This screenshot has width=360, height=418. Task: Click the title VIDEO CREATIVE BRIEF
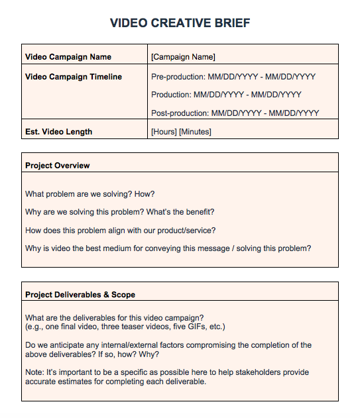pyautogui.click(x=180, y=23)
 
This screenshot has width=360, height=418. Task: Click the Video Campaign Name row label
pyautogui.click(x=68, y=57)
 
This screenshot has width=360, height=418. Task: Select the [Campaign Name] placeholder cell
pyautogui.click(x=183, y=57)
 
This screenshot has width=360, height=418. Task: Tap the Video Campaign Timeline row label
pyautogui.click(x=74, y=77)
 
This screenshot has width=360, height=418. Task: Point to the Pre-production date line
pyautogui.click(x=233, y=77)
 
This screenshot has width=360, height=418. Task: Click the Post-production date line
pyautogui.click(x=235, y=113)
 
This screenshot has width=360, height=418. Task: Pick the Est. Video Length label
pyautogui.click(x=58, y=132)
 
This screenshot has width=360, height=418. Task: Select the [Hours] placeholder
pyautogui.click(x=164, y=132)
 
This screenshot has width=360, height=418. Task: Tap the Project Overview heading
pyautogui.click(x=58, y=165)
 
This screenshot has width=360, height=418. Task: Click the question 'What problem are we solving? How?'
pyautogui.click(x=90, y=194)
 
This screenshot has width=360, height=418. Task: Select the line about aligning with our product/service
pyautogui.click(x=120, y=231)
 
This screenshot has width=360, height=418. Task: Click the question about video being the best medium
pyautogui.click(x=168, y=248)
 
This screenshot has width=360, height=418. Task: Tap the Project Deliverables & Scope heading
pyautogui.click(x=80, y=294)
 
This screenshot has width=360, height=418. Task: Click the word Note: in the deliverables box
pyautogui.click(x=35, y=372)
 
